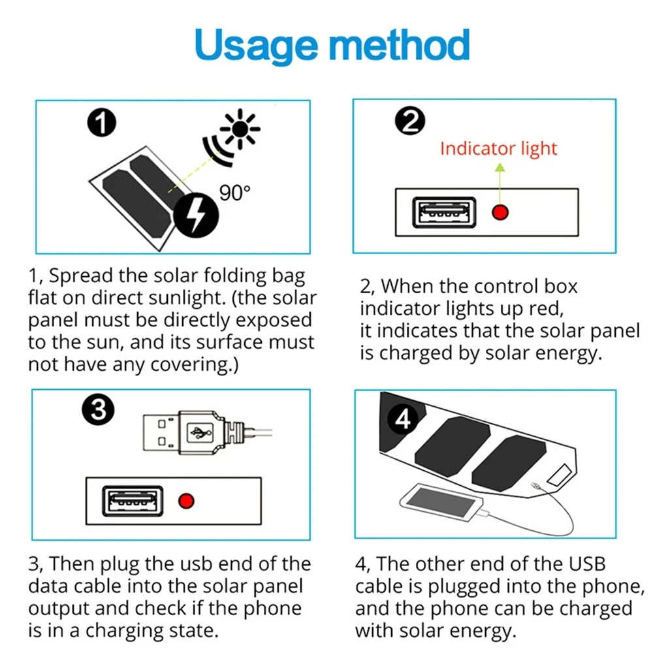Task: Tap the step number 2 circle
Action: [409, 121]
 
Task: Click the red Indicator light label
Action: [498, 148]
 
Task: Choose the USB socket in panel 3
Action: [131, 502]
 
